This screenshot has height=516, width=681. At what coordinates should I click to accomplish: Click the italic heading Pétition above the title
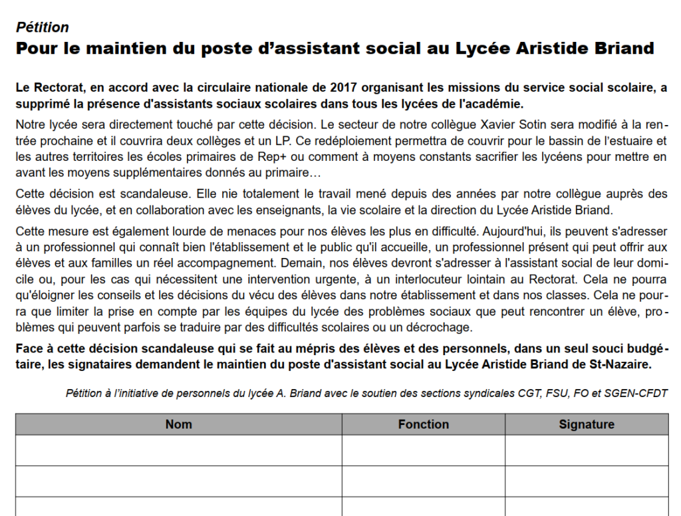pyautogui.click(x=43, y=27)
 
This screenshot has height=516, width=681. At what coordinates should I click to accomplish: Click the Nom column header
pyautogui.click(x=178, y=424)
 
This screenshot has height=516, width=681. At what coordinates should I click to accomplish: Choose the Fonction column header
pyautogui.click(x=424, y=424)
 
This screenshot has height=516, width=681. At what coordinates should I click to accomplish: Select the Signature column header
pyautogui.click(x=587, y=424)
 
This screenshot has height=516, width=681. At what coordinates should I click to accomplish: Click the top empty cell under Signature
pyautogui.click(x=587, y=450)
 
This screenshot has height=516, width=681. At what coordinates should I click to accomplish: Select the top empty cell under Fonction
pyautogui.click(x=424, y=450)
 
